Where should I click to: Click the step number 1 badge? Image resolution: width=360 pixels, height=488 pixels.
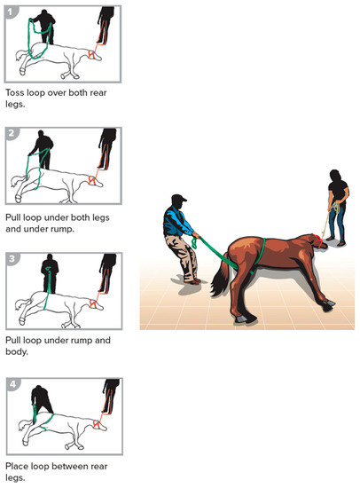[x=12, y=10]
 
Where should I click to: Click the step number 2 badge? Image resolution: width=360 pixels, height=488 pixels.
[x=12, y=133]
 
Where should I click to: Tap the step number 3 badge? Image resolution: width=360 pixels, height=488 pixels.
[x=12, y=258]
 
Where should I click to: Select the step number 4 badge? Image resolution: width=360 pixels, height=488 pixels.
[x=12, y=382]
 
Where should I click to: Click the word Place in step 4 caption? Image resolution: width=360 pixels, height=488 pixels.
[x=18, y=464]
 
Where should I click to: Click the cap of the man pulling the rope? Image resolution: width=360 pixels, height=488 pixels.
[x=177, y=199]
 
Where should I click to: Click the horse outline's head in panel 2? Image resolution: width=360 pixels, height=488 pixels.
[x=92, y=183]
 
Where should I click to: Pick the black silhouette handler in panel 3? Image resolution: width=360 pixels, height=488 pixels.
[x=51, y=272]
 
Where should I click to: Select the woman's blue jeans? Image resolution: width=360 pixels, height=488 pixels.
[x=337, y=222]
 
